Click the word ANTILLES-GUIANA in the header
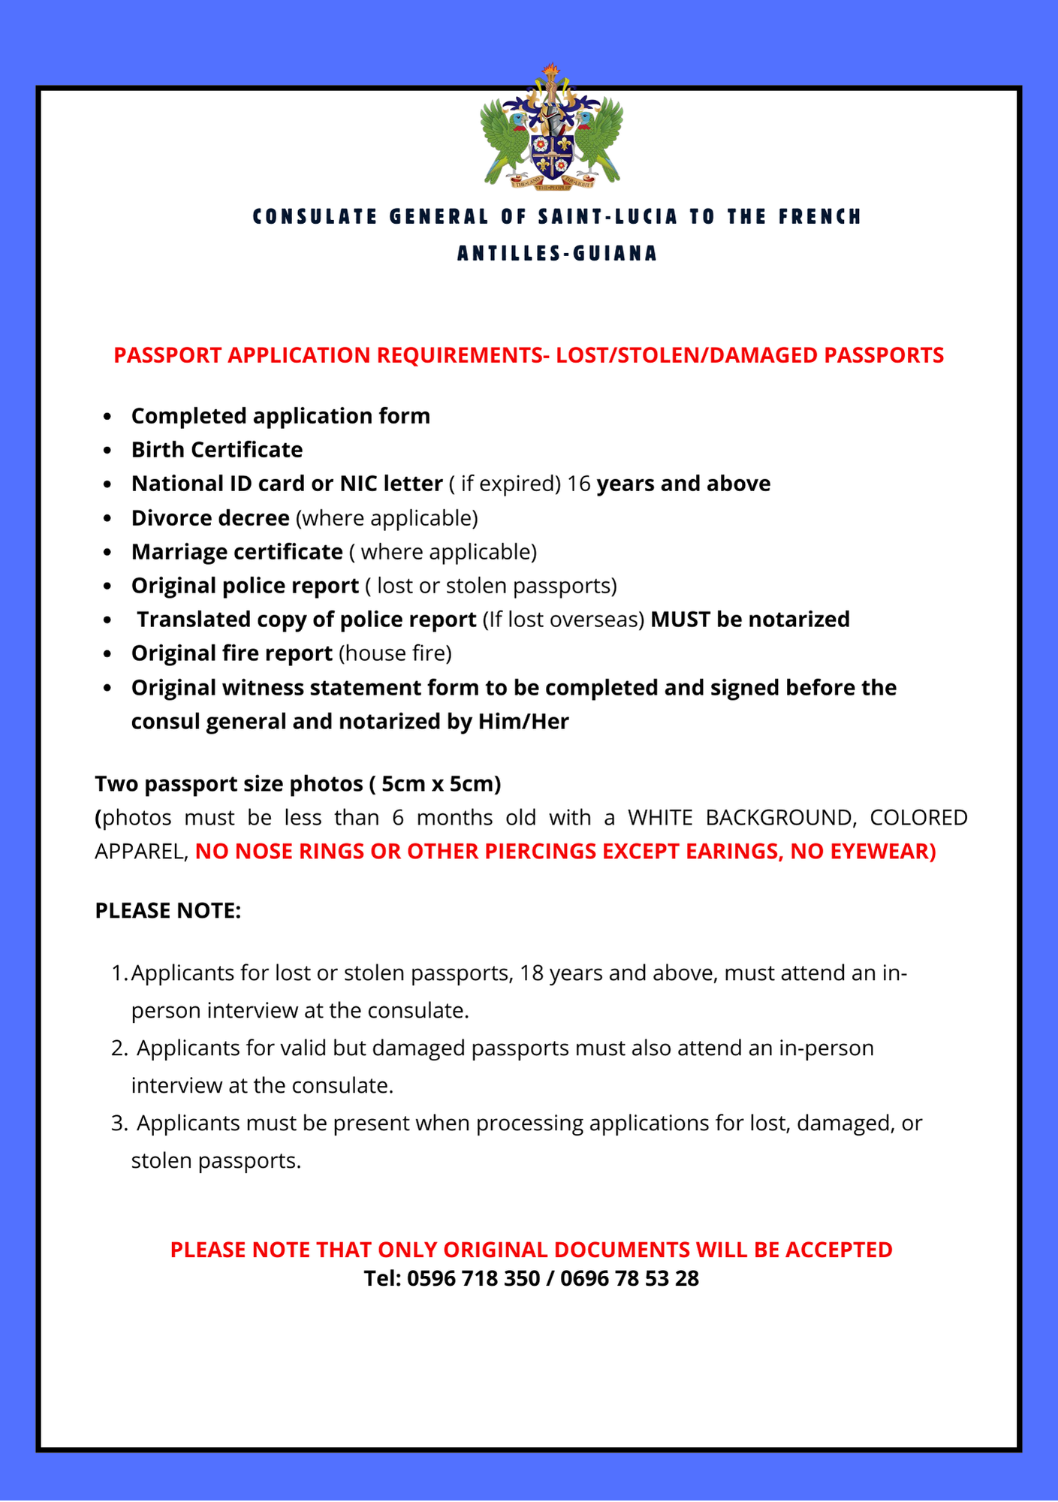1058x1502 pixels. click(557, 254)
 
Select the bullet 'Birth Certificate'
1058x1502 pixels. click(217, 450)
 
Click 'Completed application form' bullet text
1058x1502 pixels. click(280, 416)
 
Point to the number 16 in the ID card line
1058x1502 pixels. click(579, 484)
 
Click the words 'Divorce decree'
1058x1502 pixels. click(210, 518)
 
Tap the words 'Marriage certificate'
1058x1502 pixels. click(237, 552)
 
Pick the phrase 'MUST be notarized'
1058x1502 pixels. click(749, 620)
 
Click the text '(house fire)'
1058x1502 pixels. click(395, 653)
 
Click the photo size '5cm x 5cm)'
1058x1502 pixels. click(441, 784)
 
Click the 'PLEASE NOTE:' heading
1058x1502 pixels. click(168, 911)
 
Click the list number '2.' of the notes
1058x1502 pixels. click(119, 1048)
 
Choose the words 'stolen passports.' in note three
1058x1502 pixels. click(216, 1161)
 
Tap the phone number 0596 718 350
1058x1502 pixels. click(473, 1278)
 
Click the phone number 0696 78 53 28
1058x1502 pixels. click(629, 1278)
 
